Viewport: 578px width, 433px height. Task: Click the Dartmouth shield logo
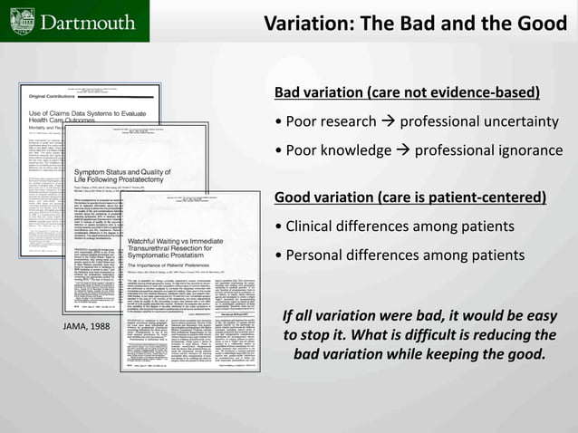16,21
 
